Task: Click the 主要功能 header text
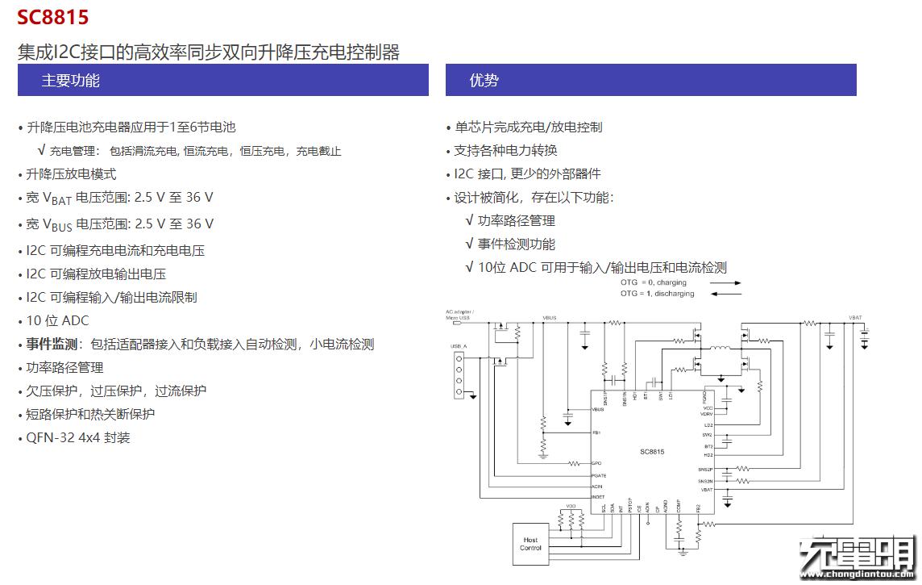coord(71,81)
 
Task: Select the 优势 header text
coord(484,81)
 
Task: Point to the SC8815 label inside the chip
coord(652,453)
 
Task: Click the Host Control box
coord(530,544)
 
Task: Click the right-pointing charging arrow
coord(725,283)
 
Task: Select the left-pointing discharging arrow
coord(725,295)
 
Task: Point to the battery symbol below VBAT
coord(865,341)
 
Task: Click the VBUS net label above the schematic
coord(550,318)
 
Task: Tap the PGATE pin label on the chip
coord(599,475)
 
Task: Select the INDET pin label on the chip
coord(598,497)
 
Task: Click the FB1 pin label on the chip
coord(596,433)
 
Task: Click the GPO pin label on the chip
coord(596,463)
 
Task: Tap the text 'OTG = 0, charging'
coord(653,283)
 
